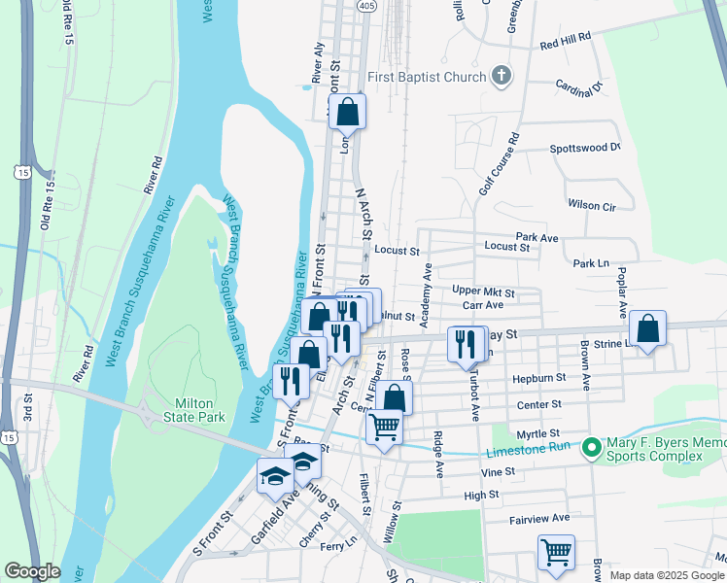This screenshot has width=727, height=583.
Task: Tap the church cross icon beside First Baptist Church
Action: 501,77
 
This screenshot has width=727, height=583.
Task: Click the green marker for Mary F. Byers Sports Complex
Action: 590,448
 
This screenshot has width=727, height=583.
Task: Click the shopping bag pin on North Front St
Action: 348,113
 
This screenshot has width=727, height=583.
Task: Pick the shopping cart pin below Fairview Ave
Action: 556,552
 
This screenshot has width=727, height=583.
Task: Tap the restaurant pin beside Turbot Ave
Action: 466,343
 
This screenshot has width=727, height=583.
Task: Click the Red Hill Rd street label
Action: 566,40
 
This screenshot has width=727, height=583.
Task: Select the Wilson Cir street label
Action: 592,206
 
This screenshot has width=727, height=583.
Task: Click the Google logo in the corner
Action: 32,571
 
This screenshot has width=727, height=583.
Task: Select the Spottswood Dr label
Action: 584,148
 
